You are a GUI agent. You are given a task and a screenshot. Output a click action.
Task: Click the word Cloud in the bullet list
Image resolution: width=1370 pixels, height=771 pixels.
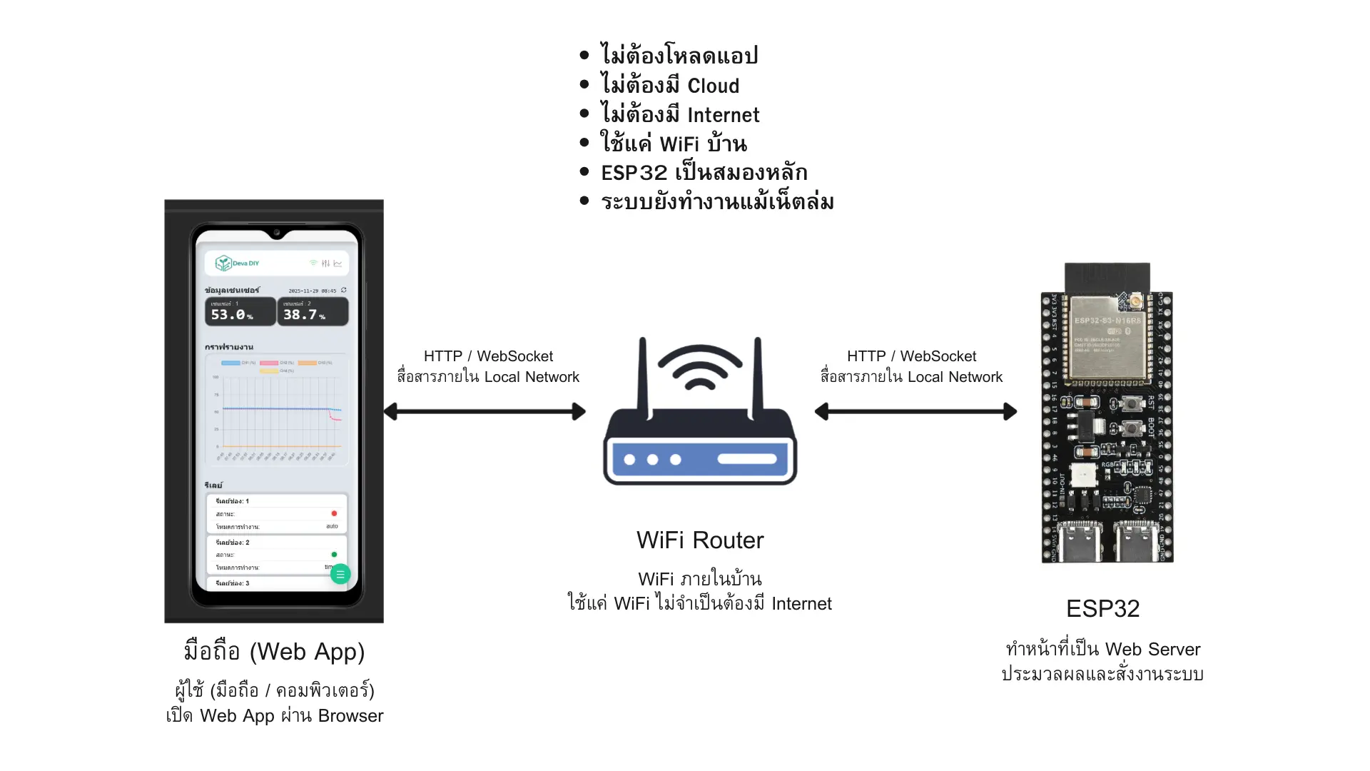(713, 86)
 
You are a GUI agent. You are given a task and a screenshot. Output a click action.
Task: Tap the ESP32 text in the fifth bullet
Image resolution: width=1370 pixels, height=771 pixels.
(634, 173)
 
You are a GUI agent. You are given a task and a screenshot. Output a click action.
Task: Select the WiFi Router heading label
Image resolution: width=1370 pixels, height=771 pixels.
(699, 540)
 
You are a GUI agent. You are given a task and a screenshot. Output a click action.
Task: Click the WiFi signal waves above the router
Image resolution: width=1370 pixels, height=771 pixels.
(700, 367)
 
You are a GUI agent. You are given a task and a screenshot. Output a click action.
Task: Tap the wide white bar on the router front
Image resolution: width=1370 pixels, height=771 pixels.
(746, 459)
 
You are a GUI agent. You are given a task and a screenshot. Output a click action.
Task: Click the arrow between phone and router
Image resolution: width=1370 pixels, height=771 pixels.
(484, 411)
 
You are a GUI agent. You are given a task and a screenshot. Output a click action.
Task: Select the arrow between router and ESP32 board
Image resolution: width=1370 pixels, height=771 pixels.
(915, 411)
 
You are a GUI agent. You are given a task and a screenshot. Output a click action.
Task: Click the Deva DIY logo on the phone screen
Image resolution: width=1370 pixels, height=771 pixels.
(238, 263)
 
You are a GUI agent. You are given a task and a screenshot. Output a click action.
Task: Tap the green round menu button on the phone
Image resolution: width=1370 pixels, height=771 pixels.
(340, 574)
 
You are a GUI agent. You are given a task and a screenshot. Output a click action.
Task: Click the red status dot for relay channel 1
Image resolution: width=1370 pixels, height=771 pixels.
(334, 513)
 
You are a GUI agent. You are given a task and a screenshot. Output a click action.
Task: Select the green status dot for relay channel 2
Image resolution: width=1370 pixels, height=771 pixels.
(334, 555)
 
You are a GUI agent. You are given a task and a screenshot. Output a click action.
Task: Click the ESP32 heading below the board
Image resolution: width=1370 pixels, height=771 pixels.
(1102, 609)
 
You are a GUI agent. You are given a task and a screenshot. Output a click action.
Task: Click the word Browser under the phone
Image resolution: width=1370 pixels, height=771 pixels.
(350, 716)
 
